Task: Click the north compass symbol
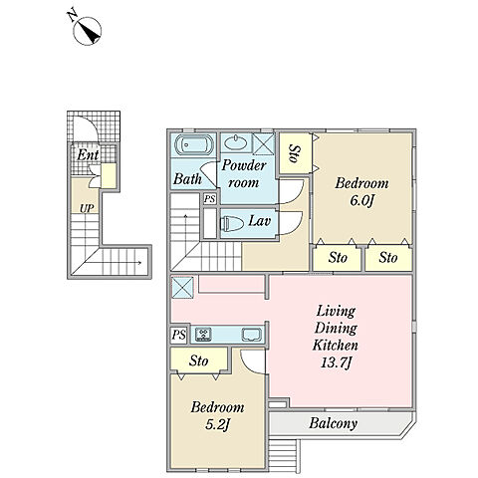click(x=87, y=31)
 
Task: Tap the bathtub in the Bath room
click(x=194, y=144)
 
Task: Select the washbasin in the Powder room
click(x=236, y=142)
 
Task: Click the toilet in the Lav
click(x=232, y=223)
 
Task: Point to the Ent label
click(x=88, y=155)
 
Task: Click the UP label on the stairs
click(x=87, y=208)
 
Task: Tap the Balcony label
click(x=333, y=423)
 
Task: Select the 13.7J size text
click(x=336, y=362)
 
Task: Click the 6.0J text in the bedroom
click(x=361, y=200)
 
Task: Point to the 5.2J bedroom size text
click(x=217, y=424)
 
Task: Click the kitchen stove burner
click(x=203, y=335)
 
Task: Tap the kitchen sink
click(x=252, y=335)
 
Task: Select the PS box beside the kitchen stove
click(x=179, y=335)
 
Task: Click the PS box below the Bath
click(x=210, y=199)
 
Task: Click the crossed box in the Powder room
click(x=263, y=143)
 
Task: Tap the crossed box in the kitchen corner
click(x=182, y=287)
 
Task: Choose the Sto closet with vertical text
click(x=295, y=152)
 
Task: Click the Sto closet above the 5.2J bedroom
click(x=199, y=359)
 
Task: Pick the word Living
click(x=336, y=312)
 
